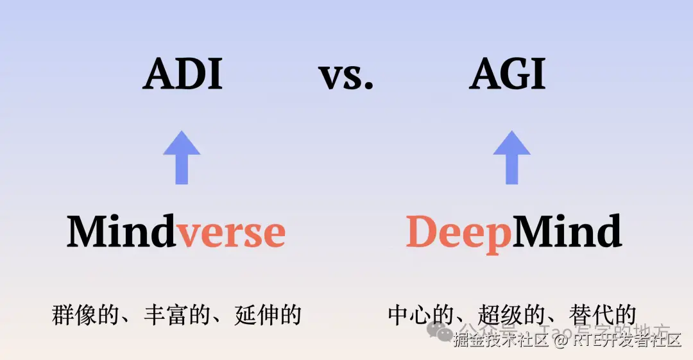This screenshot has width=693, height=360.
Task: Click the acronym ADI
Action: [183, 74]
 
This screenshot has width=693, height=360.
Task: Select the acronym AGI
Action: [507, 74]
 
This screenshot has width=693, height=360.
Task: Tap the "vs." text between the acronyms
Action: [346, 77]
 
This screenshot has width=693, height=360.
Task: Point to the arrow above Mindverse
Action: [182, 157]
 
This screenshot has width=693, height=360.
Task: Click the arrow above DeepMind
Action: [511, 157]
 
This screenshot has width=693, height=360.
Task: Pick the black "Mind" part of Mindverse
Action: [121, 232]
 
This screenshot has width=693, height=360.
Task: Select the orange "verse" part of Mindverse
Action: [231, 234]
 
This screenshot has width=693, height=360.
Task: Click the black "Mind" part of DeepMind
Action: [567, 232]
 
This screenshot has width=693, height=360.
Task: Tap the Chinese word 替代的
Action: [599, 315]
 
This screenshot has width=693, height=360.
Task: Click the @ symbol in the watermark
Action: [560, 341]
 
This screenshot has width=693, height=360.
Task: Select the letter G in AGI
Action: [508, 74]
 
